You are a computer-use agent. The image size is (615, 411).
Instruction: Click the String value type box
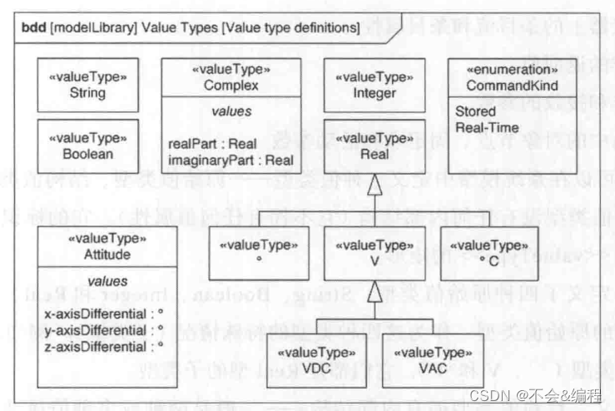[87, 84]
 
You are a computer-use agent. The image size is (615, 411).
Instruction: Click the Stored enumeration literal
[476, 112]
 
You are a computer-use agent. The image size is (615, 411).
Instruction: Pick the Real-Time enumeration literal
[488, 128]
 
